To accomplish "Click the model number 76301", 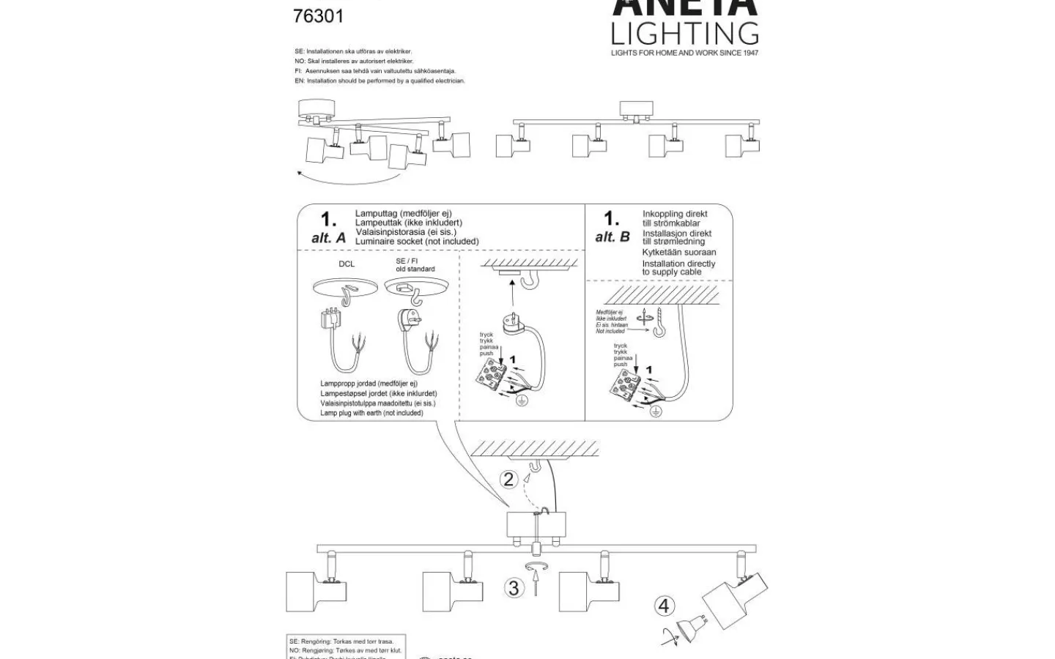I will [318, 15].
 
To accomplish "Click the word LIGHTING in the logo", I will [684, 34].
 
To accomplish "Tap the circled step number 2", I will [508, 480].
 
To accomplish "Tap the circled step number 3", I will [514, 587].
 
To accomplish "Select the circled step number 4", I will [664, 606].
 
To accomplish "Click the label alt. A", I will [328, 238].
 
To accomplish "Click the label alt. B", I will [612, 237].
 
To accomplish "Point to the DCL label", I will [347, 264].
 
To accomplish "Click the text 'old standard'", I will [415, 269].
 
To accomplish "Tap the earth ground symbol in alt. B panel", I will [656, 412].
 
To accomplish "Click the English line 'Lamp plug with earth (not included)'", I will [371, 413].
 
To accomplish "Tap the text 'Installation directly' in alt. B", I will [678, 264].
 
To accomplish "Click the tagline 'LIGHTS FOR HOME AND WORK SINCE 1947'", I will [684, 53].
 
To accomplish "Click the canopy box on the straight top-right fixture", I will [635, 109].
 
